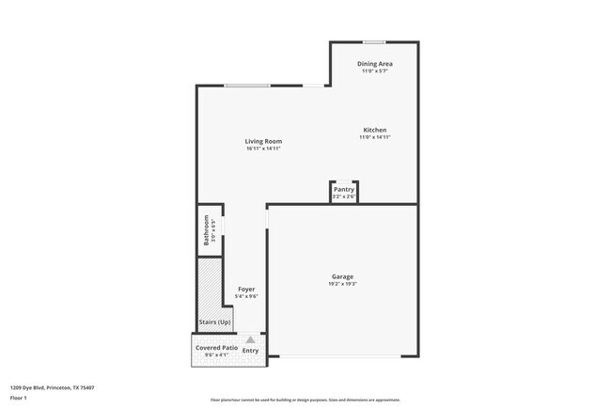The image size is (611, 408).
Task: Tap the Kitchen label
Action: coord(374,130)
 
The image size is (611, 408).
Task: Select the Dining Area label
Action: coord(373,63)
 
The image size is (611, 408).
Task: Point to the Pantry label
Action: coord(344,189)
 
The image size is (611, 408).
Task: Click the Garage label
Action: coord(342,276)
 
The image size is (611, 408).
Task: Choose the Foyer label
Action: coord(246,289)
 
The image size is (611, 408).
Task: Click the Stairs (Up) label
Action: coord(215,322)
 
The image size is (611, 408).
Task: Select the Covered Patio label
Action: coord(216,348)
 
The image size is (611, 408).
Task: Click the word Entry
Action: coord(251,351)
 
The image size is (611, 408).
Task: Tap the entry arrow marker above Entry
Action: coord(250,339)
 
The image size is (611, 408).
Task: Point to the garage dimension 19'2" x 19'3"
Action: coord(342,284)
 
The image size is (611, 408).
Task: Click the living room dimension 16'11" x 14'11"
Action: coord(263,149)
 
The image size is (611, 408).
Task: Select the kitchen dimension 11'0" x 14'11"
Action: coord(374,137)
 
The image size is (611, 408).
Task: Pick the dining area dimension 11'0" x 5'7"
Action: coord(373,71)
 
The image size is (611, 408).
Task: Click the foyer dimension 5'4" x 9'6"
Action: coord(246,296)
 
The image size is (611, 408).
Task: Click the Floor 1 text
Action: coord(19,398)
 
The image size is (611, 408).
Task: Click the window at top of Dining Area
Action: coord(374,41)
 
